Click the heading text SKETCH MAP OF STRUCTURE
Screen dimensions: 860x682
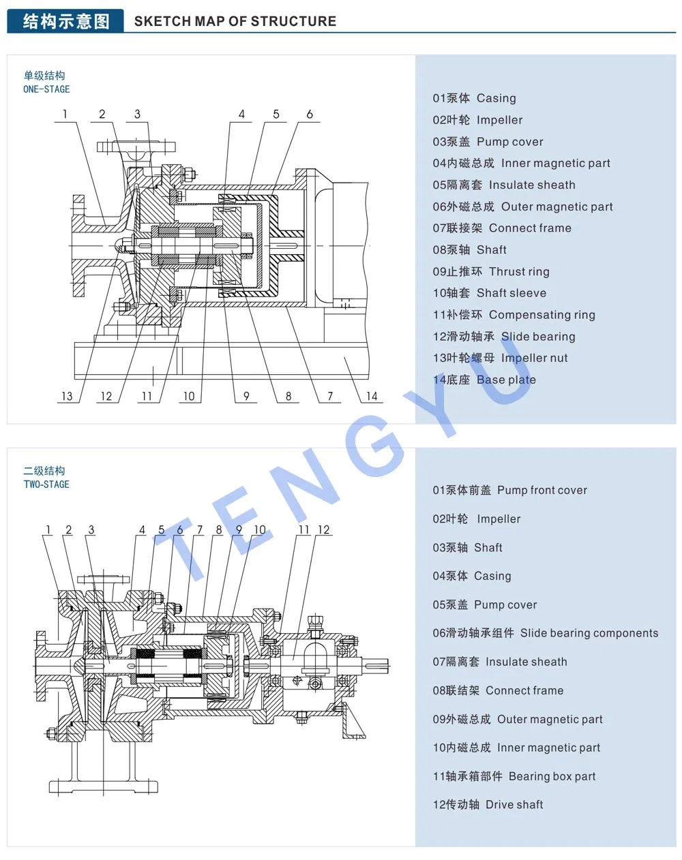tap(235, 21)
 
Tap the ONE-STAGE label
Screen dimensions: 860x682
tap(46, 89)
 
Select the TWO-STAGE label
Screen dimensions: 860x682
tap(46, 485)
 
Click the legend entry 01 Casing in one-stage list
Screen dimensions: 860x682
tap(474, 98)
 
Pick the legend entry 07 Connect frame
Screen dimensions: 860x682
tap(502, 228)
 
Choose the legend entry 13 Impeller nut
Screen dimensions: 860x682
tap(500, 358)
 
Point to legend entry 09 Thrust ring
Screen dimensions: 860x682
tap(491, 271)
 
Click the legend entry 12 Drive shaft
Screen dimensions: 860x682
tap(488, 805)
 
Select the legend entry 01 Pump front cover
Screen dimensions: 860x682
tap(509, 490)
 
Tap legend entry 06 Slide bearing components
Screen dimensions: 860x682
tap(545, 633)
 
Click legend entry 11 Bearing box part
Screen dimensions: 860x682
tap(514, 776)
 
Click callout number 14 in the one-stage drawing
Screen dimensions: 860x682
tap(372, 396)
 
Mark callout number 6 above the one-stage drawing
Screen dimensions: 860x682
tap(310, 114)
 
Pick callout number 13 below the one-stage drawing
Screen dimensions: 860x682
tap(67, 396)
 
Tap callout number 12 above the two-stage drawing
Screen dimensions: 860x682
tap(323, 529)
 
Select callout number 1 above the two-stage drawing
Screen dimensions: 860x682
tap(48, 529)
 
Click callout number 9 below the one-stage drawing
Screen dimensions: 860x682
tap(246, 396)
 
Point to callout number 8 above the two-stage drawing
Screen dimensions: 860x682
tap(219, 529)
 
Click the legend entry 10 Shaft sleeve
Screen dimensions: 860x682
tap(489, 293)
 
